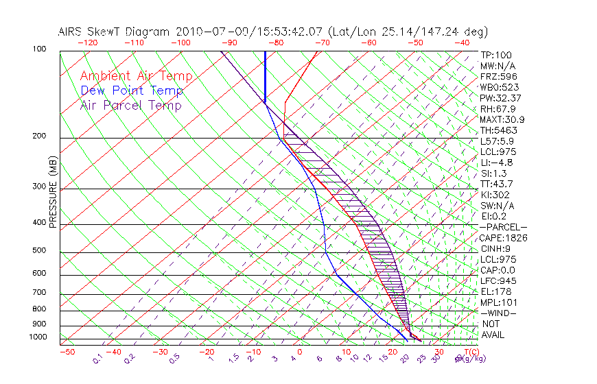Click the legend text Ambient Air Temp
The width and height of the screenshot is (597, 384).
136,76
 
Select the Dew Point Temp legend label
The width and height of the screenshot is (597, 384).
132,91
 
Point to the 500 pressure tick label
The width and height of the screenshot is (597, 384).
39,250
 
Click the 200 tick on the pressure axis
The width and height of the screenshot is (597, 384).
39,136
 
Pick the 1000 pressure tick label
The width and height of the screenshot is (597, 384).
38,337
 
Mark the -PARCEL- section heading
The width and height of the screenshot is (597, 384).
503,227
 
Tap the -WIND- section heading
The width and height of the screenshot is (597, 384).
499,313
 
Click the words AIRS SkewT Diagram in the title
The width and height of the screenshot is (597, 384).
115,32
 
